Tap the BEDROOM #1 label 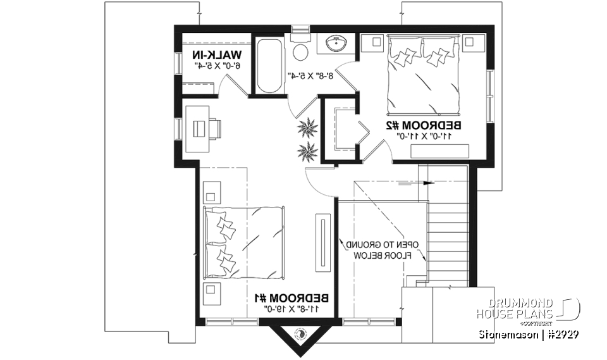[292, 298]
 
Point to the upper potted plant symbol [310, 128]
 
